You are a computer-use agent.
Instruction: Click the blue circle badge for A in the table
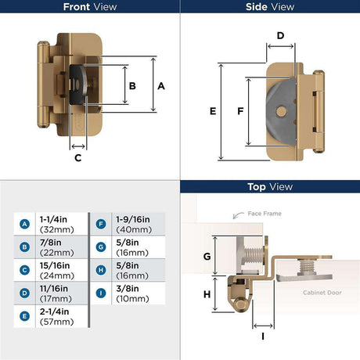click(x=24, y=224)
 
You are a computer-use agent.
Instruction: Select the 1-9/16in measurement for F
click(x=133, y=219)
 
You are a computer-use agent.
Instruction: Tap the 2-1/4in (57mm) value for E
click(x=57, y=316)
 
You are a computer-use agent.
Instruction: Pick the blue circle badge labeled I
click(x=101, y=293)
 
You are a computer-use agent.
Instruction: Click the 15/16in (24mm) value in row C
click(x=57, y=271)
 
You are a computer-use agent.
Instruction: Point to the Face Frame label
click(x=265, y=214)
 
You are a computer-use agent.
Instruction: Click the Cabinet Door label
click(x=322, y=293)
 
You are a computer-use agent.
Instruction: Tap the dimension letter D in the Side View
click(x=280, y=35)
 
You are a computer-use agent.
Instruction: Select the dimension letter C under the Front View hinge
click(x=78, y=158)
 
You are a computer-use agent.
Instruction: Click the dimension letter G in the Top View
click(x=207, y=257)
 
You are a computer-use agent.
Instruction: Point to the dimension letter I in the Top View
click(x=263, y=337)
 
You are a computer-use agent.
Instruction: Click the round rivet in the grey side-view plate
click(x=281, y=112)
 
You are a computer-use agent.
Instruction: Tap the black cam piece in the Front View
click(x=77, y=85)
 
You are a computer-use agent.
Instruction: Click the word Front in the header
click(x=77, y=7)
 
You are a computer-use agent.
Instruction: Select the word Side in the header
click(x=256, y=7)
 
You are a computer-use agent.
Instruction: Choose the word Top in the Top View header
click(x=257, y=187)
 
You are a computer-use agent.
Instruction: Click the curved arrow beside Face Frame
click(x=238, y=215)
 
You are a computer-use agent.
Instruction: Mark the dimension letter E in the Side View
click(x=213, y=111)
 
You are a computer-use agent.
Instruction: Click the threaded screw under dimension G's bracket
click(x=253, y=255)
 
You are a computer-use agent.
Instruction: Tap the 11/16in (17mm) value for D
click(x=56, y=293)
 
